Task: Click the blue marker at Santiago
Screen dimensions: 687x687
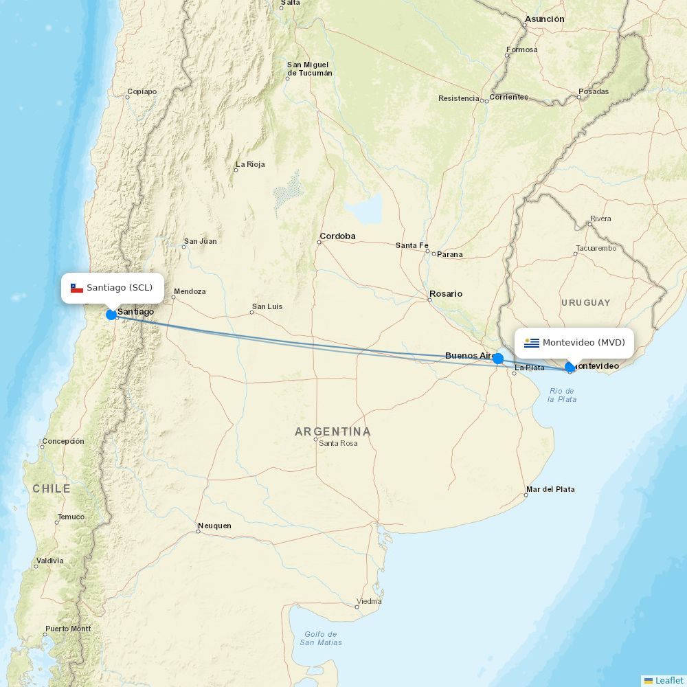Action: pos(111,315)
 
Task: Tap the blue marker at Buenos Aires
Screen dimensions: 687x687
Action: pos(498,359)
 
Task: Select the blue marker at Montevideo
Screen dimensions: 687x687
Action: pos(570,368)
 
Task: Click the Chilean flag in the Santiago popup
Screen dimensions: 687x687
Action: pos(77,288)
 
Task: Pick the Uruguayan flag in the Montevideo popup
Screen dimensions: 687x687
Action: pos(532,343)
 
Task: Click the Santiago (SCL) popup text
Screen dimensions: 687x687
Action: pos(120,288)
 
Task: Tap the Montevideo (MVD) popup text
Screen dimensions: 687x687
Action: pos(583,343)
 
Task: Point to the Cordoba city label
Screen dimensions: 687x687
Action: pos(337,236)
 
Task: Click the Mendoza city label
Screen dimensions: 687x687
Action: pos(190,291)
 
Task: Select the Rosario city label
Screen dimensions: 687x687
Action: pos(446,294)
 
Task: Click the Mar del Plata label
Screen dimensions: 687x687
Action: pos(550,489)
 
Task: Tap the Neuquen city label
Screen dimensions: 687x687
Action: pos(214,526)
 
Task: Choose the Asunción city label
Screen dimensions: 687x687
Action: pos(544,19)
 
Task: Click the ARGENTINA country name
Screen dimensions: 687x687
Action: pos(333,431)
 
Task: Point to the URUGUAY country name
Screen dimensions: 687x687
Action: pos(585,303)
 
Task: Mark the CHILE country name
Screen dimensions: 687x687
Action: pos(52,488)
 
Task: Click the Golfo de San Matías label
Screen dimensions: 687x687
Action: pos(321,638)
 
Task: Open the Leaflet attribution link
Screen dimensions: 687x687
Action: pos(668,680)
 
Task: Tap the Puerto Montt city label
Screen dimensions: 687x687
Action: pos(68,629)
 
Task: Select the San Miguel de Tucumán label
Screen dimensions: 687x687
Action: pos(309,69)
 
